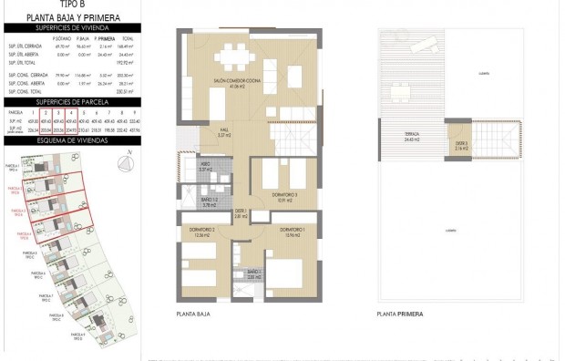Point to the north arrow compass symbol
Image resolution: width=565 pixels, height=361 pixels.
(125, 161)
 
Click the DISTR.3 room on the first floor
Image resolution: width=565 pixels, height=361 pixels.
(462, 144)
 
